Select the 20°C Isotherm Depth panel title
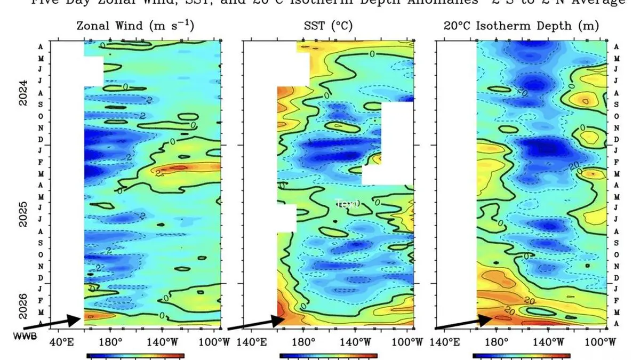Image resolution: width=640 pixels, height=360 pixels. tap(521, 26)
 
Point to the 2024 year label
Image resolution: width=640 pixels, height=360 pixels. tap(23, 93)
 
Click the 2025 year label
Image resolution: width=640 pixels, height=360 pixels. tap(23, 214)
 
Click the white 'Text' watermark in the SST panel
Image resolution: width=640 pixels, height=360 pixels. tap(347, 203)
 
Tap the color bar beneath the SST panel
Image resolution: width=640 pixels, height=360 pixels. tap(328, 355)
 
